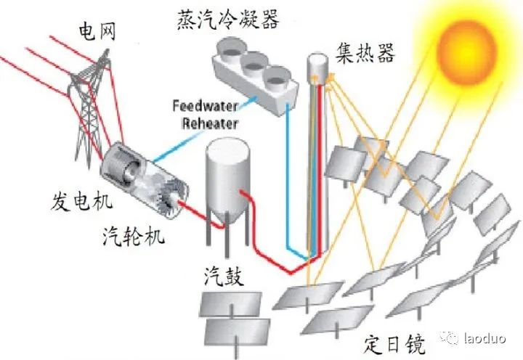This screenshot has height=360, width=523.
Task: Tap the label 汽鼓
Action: pos(222,277)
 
